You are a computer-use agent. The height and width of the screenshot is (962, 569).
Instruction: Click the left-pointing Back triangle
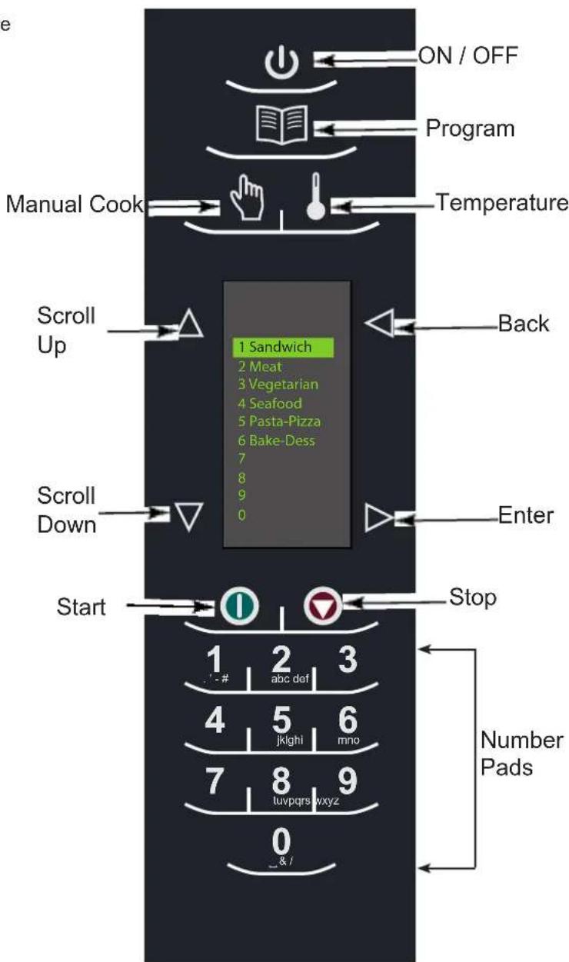379,324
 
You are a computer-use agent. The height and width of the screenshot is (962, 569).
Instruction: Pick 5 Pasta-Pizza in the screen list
278,421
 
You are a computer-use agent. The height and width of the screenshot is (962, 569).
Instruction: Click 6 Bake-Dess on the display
276,441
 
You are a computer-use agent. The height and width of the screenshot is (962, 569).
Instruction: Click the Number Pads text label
521,754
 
